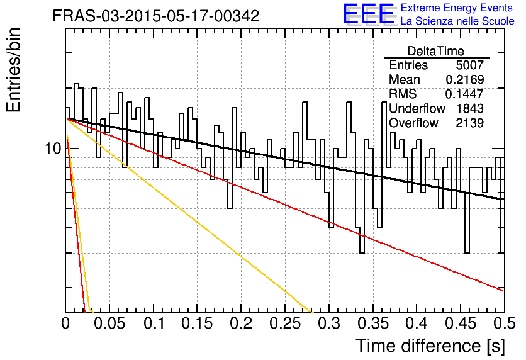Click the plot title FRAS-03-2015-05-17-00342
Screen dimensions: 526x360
(x=156, y=16)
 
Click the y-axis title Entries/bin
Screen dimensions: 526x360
(x=13, y=70)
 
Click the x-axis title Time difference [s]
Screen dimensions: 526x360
(x=430, y=346)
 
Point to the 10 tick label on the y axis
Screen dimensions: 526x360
(x=53, y=149)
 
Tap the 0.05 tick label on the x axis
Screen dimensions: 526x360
(x=109, y=323)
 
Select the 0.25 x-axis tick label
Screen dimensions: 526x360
(x=285, y=323)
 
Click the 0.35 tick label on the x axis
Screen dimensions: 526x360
(x=372, y=323)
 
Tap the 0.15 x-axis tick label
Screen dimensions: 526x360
(x=197, y=323)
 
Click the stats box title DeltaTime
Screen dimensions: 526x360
(x=436, y=51)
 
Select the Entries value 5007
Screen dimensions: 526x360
(x=469, y=65)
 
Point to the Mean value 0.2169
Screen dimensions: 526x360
(x=464, y=79)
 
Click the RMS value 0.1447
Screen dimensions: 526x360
(x=464, y=94)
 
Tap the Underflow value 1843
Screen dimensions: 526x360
(x=470, y=108)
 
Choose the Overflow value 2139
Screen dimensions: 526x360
(x=469, y=123)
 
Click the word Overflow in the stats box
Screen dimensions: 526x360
(x=413, y=123)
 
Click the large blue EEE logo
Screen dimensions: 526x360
(x=369, y=14)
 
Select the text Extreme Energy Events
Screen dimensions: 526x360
(x=457, y=8)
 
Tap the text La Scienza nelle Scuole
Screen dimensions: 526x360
(x=457, y=21)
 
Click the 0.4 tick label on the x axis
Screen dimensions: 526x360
(x=417, y=323)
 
